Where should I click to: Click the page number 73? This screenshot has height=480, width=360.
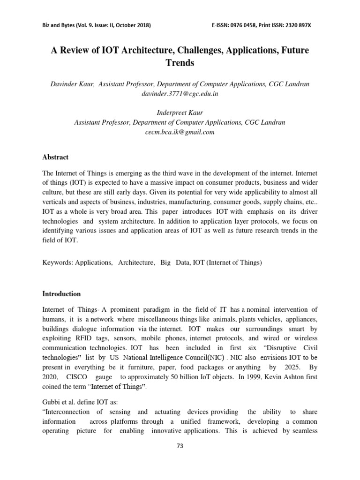click(180, 445)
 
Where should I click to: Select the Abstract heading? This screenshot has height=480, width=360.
click(55, 157)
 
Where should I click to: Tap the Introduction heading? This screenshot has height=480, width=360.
click(61, 294)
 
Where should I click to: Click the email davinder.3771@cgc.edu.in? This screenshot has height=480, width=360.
click(180, 94)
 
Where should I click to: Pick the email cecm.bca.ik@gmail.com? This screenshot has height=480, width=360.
click(180, 132)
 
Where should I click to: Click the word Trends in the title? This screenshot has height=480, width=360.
click(180, 62)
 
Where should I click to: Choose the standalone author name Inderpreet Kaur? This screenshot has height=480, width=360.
click(180, 113)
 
